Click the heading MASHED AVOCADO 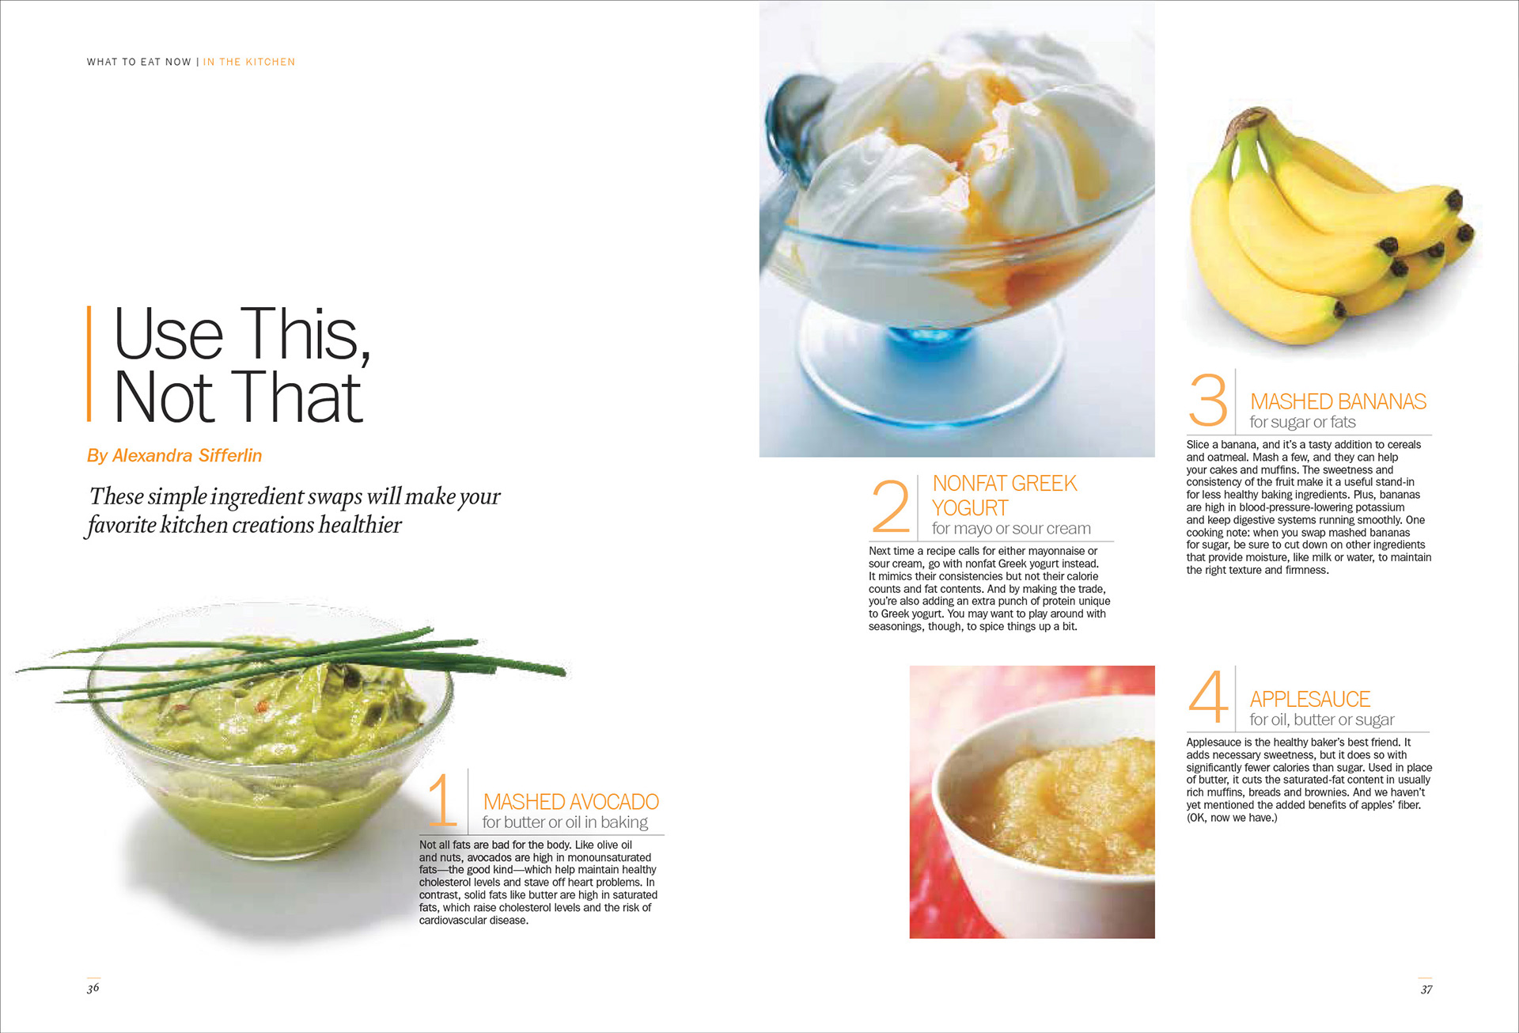tap(570, 802)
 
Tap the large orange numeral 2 tap(890, 506)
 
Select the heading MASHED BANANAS tap(1338, 401)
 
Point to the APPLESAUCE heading tap(1309, 699)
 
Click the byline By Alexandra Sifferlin tap(174, 455)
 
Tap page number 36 tap(93, 987)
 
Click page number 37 tap(1426, 989)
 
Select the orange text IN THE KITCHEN tap(249, 62)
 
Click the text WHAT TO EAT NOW tap(139, 62)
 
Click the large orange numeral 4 tap(1208, 697)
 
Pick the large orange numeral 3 tap(1207, 400)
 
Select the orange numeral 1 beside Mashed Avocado tap(442, 799)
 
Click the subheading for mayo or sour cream tap(1011, 528)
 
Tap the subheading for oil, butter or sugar tap(1322, 720)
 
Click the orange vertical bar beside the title tap(89, 363)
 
